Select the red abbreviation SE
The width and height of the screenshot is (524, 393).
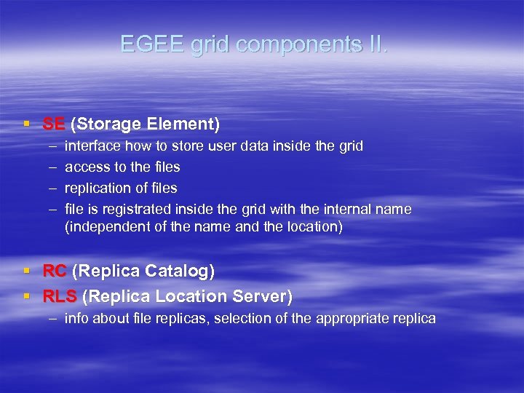point(53,124)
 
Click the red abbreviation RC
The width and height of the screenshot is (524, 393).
point(55,271)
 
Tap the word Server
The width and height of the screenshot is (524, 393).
point(263,296)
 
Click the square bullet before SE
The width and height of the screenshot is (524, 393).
point(26,124)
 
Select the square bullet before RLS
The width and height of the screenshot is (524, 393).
point(26,297)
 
